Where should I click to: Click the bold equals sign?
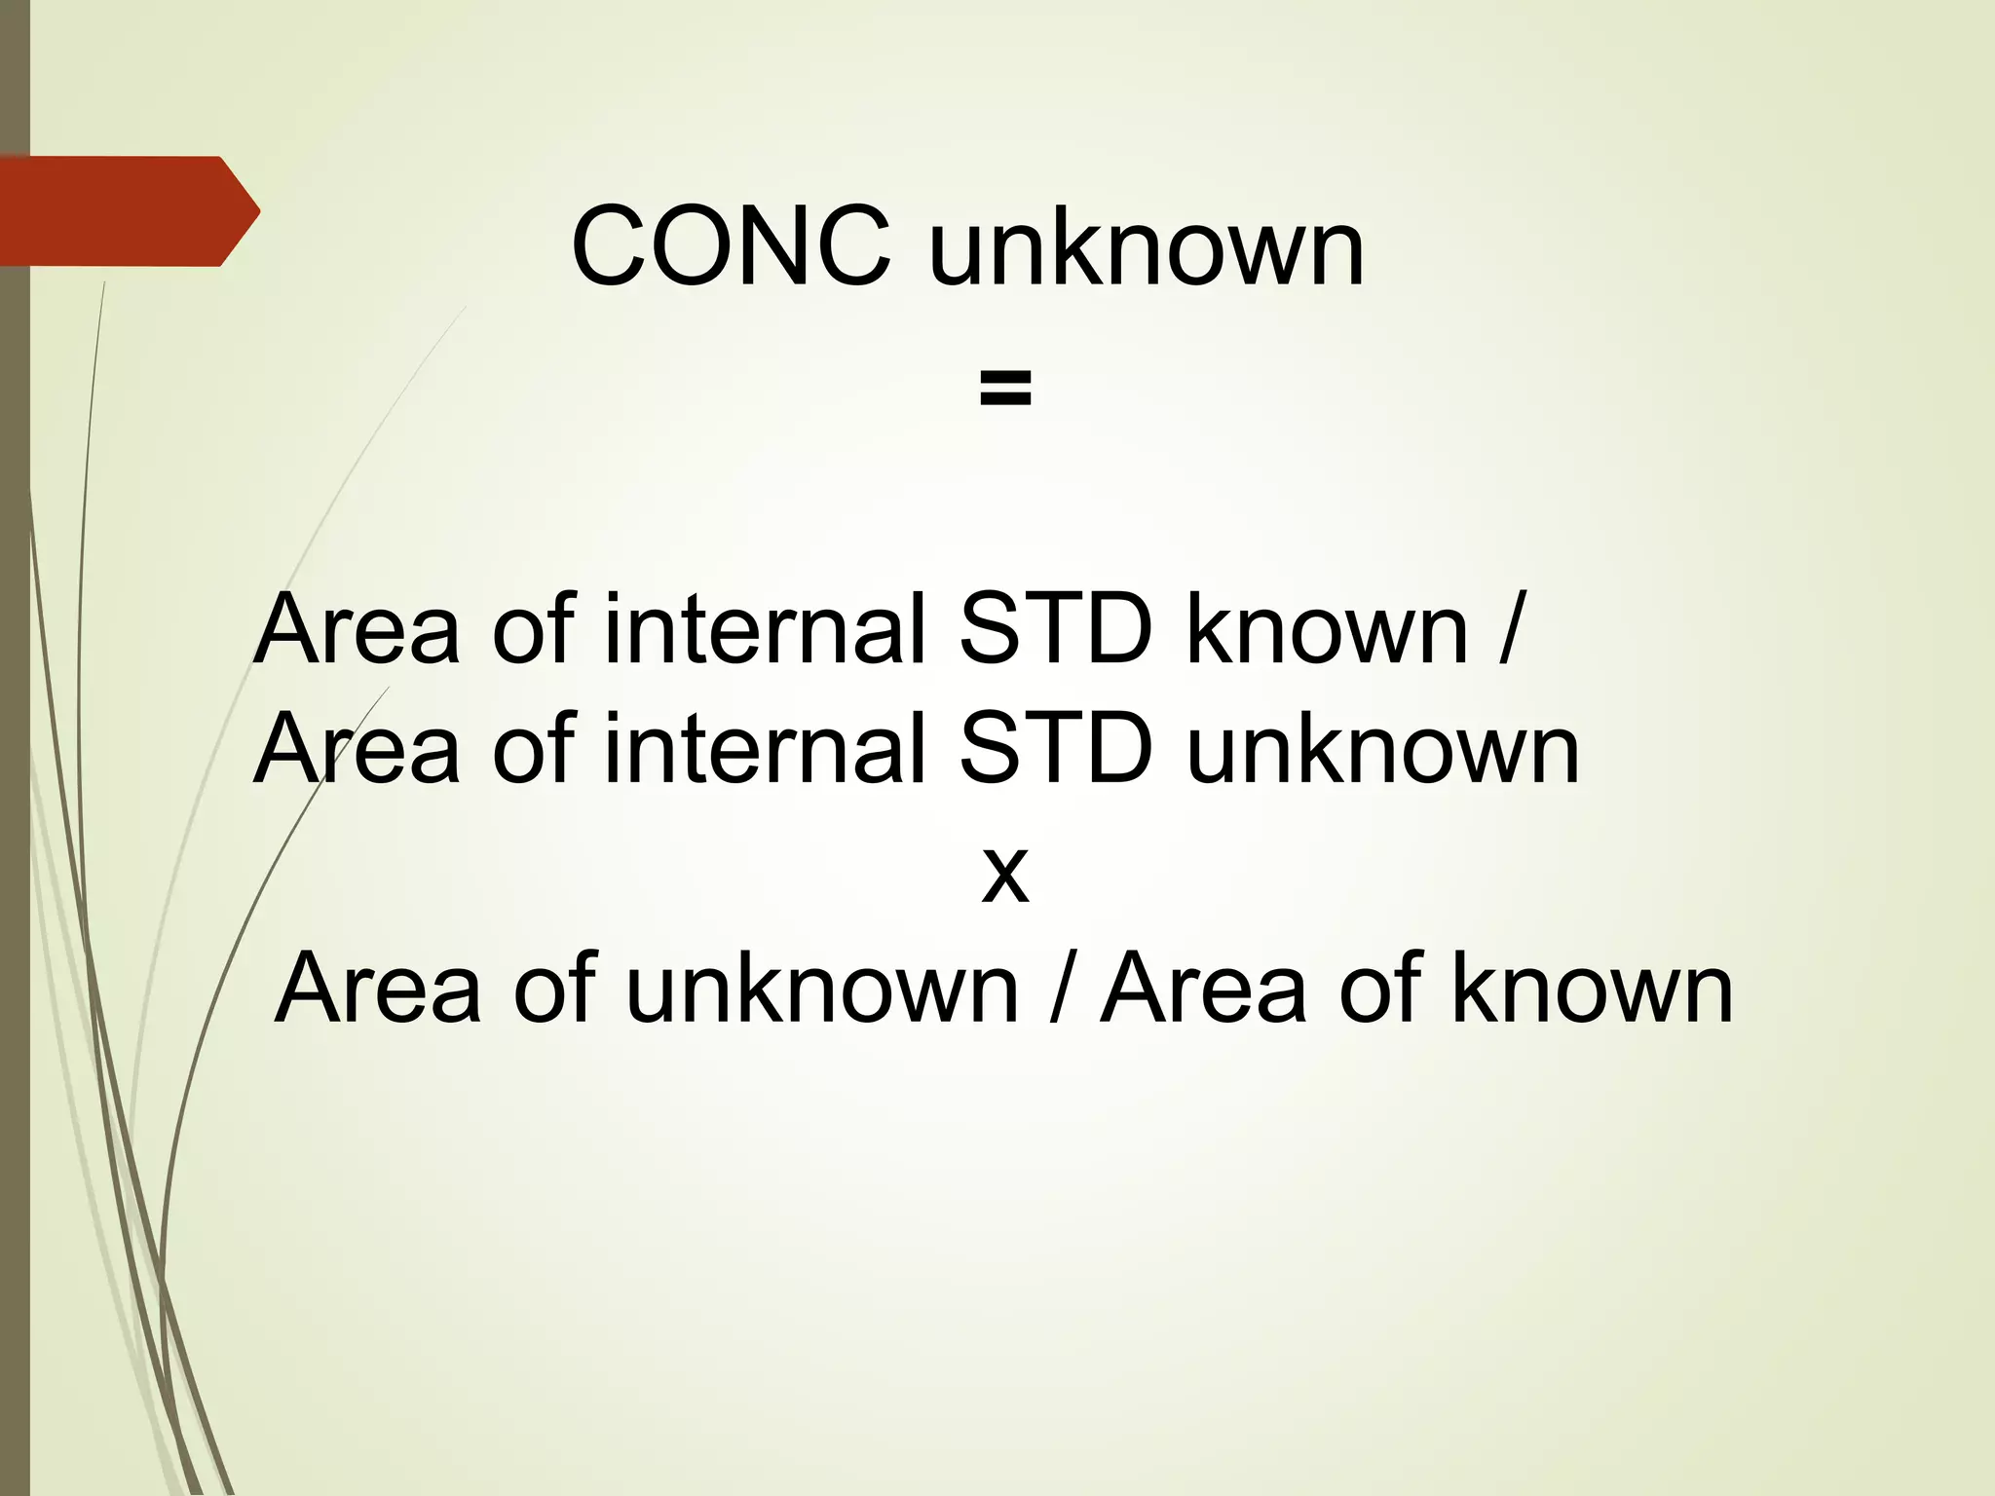1005,389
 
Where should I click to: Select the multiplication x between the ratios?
1004,873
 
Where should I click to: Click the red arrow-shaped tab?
127,210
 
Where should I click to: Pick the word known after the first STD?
1327,630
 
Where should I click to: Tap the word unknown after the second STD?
1382,749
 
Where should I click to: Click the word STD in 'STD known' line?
1056,630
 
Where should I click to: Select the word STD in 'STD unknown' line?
1056,749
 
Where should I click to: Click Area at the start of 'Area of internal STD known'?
357,630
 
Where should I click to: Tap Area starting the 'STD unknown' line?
357,749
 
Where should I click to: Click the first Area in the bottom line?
378,990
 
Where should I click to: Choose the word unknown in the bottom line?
821,990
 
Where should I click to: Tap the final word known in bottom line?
1593,990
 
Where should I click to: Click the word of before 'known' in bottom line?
1379,990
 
